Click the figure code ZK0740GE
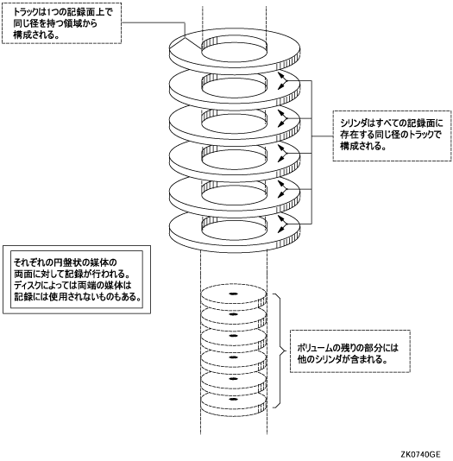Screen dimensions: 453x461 pyautogui.click(x=420, y=455)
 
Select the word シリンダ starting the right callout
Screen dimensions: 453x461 pyautogui.click(x=352, y=123)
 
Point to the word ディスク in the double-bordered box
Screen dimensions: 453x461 pyautogui.click(x=28, y=285)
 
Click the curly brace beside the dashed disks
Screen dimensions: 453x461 pyautogui.click(x=280, y=350)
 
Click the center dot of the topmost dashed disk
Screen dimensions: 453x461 pyautogui.click(x=233, y=294)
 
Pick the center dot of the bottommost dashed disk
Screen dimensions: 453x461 pyautogui.click(x=233, y=399)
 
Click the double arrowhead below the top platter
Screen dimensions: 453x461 pyautogui.click(x=282, y=80)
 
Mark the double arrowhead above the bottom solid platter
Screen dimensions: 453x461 pyautogui.click(x=282, y=224)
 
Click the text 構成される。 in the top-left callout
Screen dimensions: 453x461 pyautogui.click(x=36, y=35)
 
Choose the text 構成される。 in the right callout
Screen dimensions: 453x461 pyautogui.click(x=363, y=146)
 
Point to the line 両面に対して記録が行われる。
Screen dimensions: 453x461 pyautogui.click(x=72, y=274)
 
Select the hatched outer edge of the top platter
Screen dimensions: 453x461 pyautogui.click(x=288, y=62)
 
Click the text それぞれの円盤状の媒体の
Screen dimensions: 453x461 pyautogui.click(x=66, y=262)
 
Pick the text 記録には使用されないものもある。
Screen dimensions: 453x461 pyautogui.click(x=78, y=297)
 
